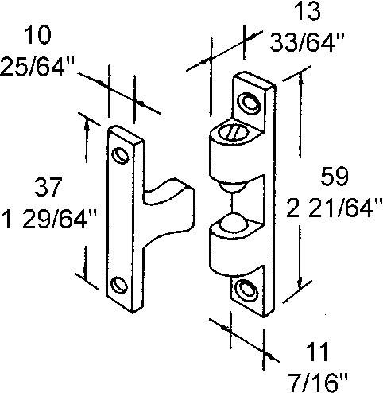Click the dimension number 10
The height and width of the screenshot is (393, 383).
pos(37,36)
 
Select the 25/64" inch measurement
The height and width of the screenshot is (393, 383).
pos(37,66)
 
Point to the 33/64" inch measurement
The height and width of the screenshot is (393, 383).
pos(307,42)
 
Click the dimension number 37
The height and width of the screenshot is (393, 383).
pos(48,187)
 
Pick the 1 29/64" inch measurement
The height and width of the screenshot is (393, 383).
pos(50,219)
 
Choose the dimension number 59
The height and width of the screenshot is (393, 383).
pos(335,177)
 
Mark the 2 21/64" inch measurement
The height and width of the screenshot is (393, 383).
pos(335,208)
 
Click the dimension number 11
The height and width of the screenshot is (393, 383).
pos(316,352)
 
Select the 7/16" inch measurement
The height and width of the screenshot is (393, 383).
pos(318,382)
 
